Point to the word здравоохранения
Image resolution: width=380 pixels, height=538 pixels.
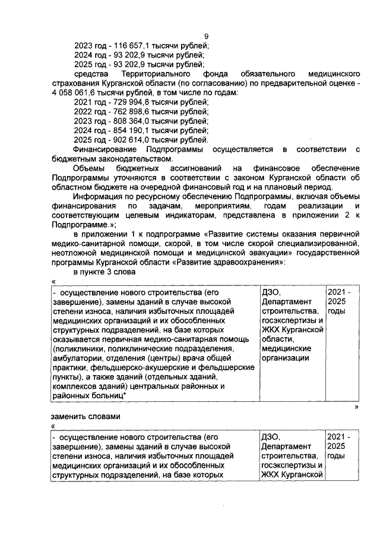tap(254, 261)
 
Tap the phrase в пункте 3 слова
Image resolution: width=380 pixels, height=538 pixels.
tap(106, 271)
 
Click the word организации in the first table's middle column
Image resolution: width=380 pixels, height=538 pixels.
tap(286, 358)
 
